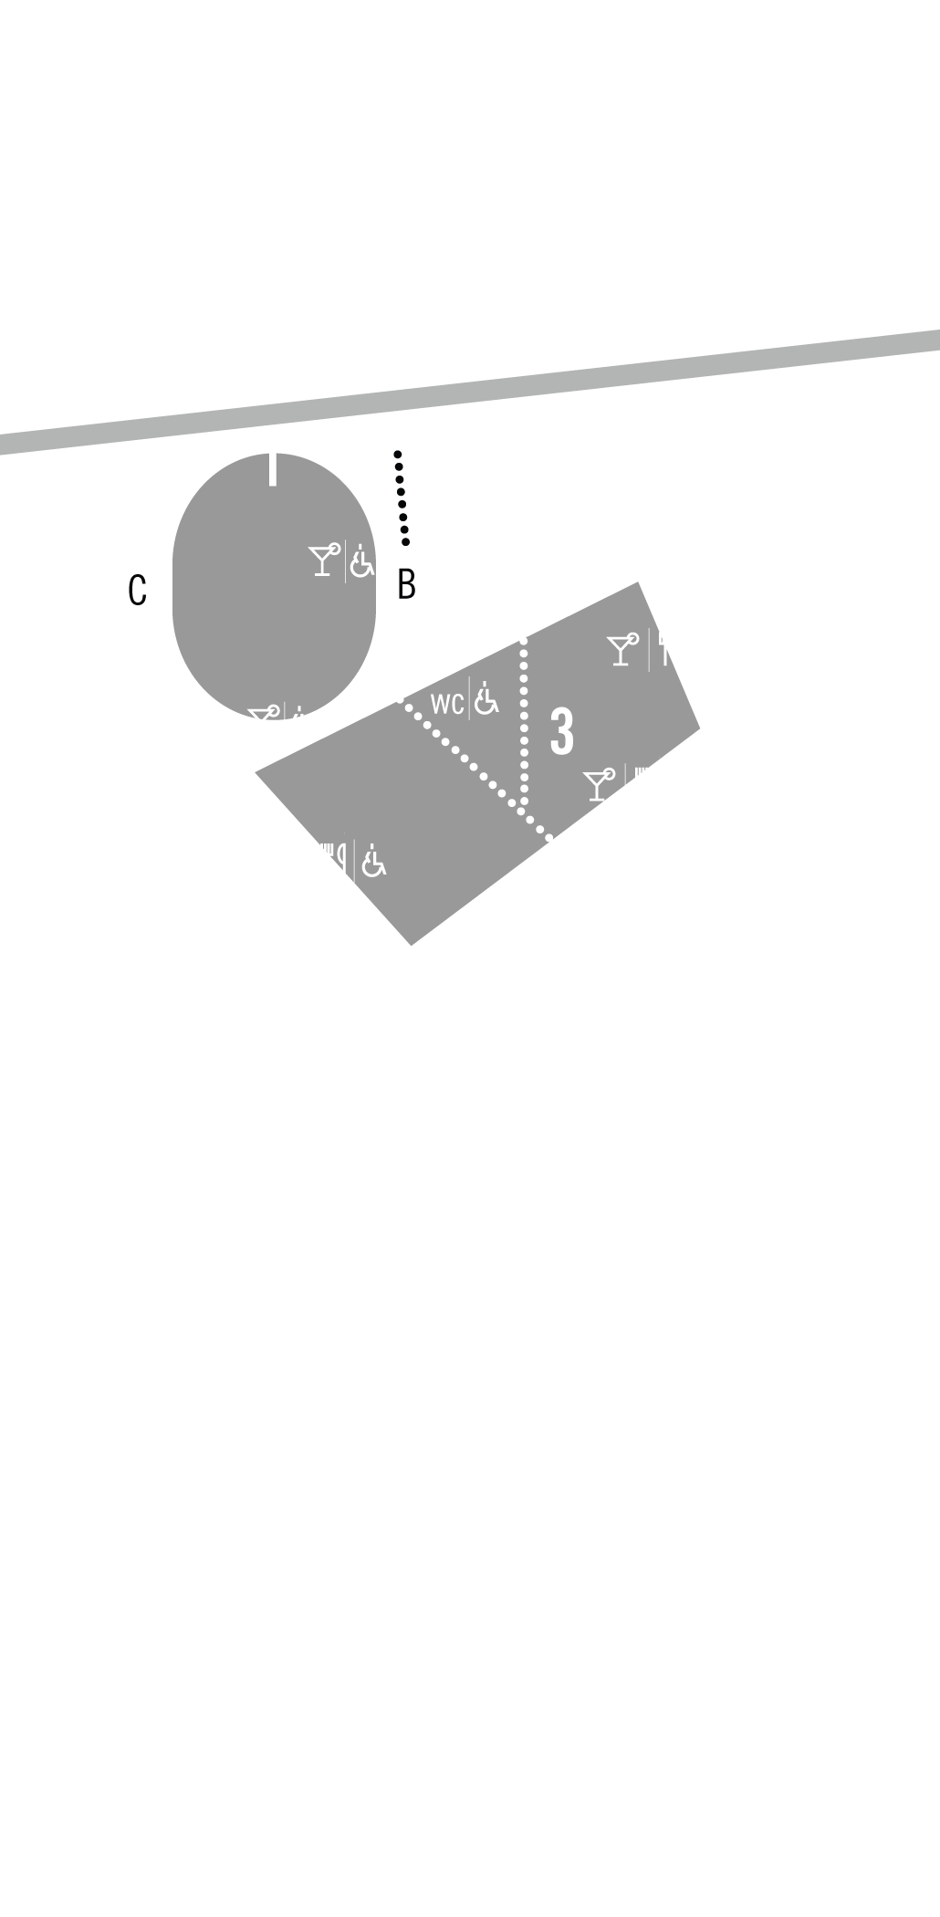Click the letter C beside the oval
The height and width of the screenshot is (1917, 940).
coord(137,590)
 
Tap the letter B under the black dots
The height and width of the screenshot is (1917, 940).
coord(406,584)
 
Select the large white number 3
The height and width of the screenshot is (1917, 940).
coord(562,731)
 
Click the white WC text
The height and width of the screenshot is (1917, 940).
coord(447,704)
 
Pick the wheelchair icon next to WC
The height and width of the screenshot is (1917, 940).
coord(486,698)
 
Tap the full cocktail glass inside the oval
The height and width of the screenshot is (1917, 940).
coord(323,559)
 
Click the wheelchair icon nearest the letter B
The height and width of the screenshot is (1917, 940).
coord(362,561)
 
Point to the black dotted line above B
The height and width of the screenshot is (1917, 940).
coord(402,498)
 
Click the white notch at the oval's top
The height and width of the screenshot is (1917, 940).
coord(273,469)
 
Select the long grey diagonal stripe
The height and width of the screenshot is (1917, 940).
coord(470,392)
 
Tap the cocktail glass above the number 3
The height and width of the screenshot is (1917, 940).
coord(622,650)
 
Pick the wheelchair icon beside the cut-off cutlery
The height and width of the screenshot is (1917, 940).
coord(372,861)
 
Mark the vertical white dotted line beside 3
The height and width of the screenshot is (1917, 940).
coord(524,722)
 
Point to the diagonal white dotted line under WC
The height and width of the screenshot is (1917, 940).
coord(474,766)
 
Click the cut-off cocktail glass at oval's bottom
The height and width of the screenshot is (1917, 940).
coord(263,713)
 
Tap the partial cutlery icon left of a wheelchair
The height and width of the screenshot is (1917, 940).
coord(334,859)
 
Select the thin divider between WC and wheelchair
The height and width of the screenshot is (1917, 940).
coord(469,698)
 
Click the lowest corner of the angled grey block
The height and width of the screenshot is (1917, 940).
coord(412,945)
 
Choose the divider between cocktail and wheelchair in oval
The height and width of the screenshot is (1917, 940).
coord(345,561)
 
